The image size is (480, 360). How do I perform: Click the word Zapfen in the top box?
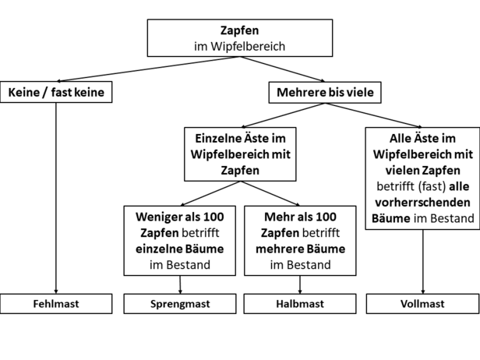click(x=240, y=30)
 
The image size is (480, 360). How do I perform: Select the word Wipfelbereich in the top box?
click(x=248, y=46)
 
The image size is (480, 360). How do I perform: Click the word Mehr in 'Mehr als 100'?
click(x=277, y=217)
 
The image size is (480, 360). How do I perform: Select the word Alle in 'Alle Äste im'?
click(x=399, y=139)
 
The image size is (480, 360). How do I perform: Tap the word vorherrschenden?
click(x=423, y=203)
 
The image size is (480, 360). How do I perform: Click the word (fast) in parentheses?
click(x=432, y=186)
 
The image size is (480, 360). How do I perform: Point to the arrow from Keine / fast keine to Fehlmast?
click(x=56, y=198)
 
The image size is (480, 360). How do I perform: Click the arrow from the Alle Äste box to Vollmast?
click(x=423, y=262)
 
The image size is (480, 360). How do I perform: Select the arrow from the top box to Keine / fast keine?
click(x=149, y=69)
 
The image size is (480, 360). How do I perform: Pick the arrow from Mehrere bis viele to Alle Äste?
click(x=373, y=115)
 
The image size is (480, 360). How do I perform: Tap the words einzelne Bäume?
click(x=180, y=249)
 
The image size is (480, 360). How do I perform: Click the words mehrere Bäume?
click(x=300, y=249)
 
